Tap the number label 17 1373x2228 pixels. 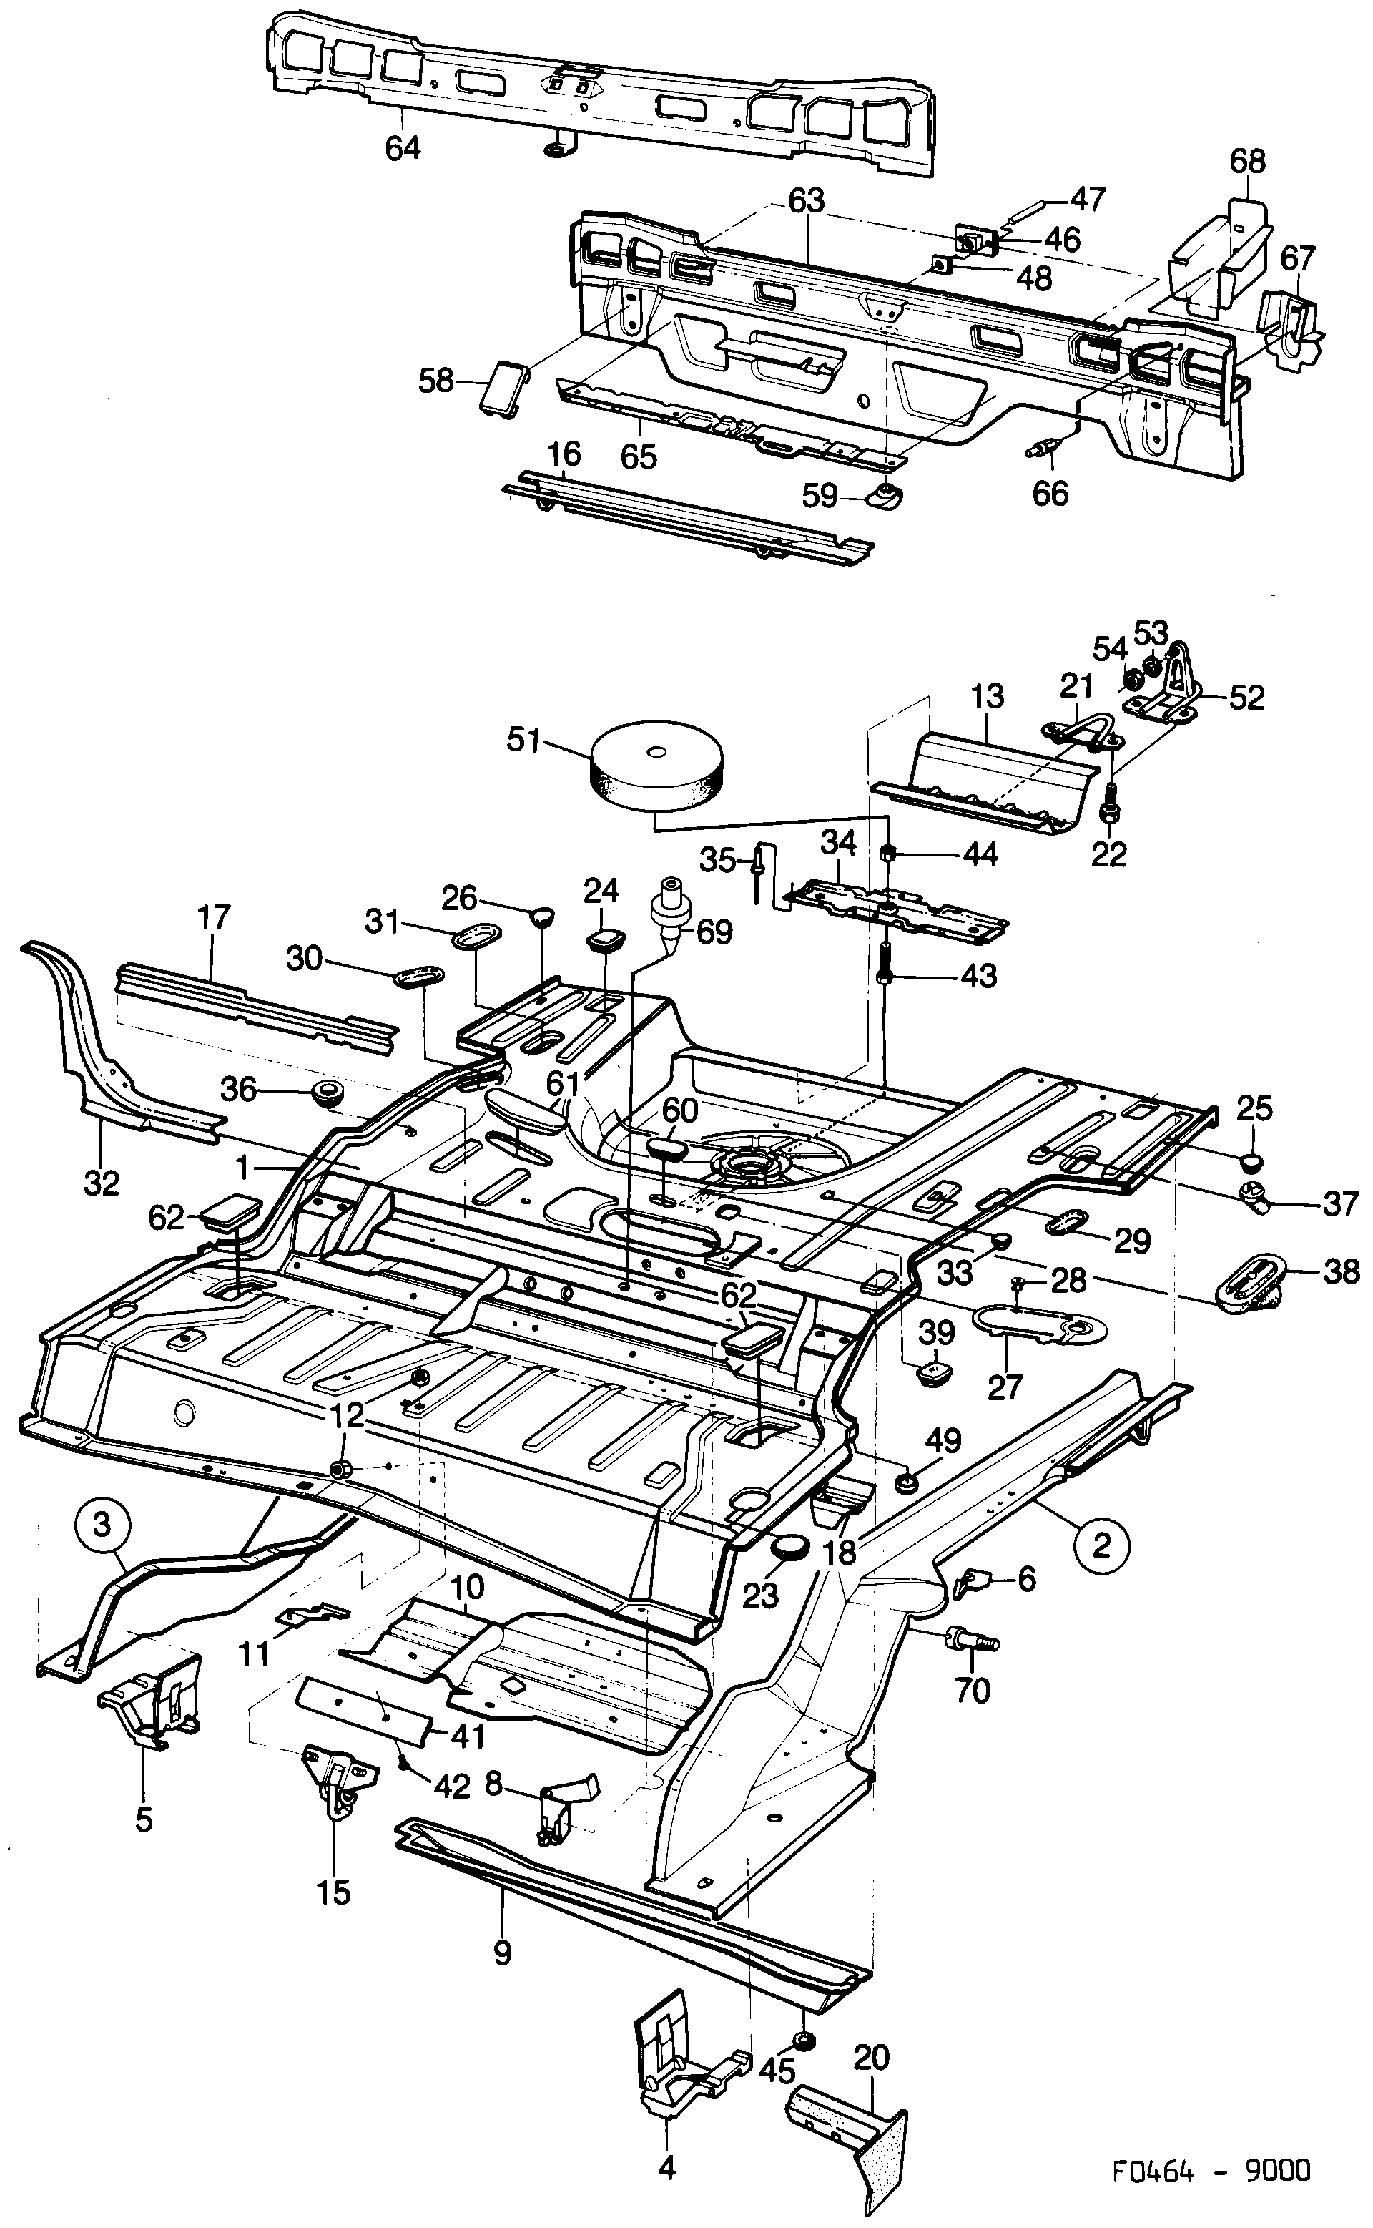215,917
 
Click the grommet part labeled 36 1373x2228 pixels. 324,1093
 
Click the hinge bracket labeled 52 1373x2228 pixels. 1166,694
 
